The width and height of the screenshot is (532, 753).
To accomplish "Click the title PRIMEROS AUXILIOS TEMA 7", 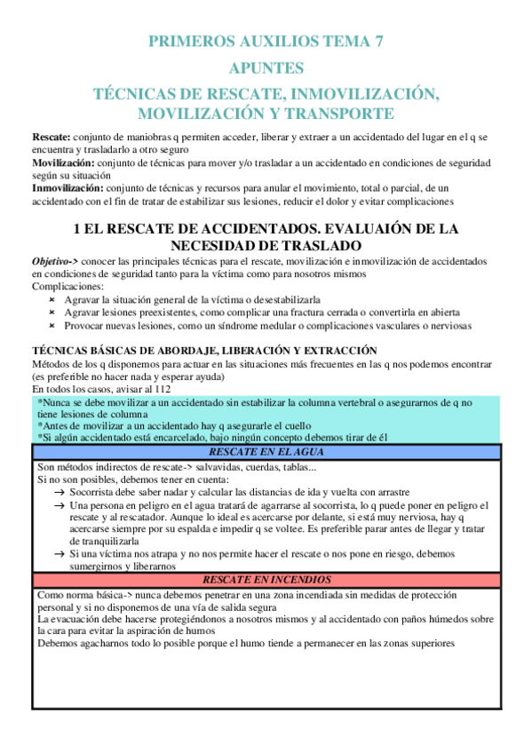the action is pos(266,41).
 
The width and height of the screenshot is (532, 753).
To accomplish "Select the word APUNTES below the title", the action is pos(266,67).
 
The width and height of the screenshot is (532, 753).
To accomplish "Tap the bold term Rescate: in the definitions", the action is pos(51,139).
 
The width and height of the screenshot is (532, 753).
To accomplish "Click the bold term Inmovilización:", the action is pos(68,188).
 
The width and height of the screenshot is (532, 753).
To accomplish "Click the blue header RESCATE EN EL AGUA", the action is pos(266,451).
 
